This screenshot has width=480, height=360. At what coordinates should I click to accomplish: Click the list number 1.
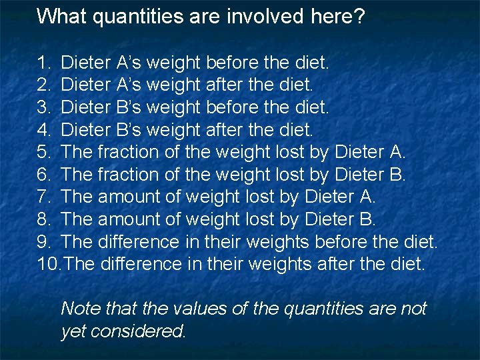[43, 63]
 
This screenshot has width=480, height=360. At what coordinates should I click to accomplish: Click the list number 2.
[43, 85]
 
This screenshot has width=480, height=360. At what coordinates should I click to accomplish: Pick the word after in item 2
[225, 85]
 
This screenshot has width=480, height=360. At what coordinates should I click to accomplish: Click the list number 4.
[43, 130]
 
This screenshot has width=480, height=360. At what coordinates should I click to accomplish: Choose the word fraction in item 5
[128, 153]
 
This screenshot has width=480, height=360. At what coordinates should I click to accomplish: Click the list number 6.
[43, 175]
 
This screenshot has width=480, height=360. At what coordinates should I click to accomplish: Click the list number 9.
[43, 241]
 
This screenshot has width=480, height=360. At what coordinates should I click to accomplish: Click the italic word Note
[77, 309]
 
